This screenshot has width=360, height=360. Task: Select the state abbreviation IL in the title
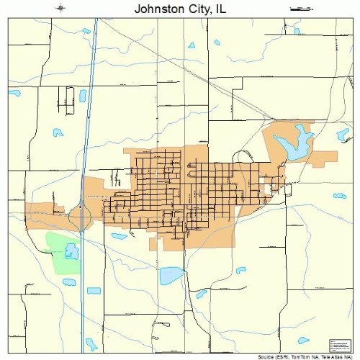[222, 10]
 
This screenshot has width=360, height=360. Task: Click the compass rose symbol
[62, 9]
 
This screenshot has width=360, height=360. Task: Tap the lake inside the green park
[71, 251]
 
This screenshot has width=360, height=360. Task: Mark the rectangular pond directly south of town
[171, 275]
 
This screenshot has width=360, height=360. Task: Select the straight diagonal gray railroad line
[180, 73]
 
